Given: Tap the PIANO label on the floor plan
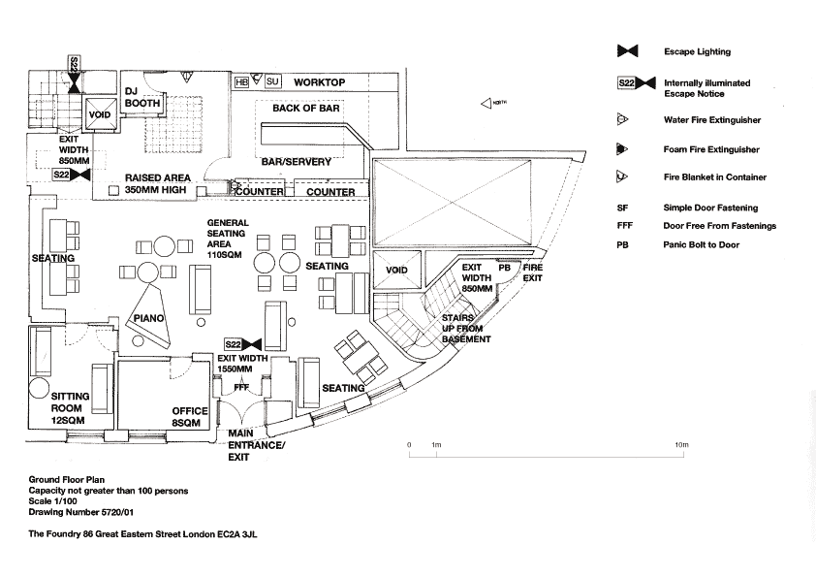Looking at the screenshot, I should click(149, 318).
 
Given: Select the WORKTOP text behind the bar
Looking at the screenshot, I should click(319, 83).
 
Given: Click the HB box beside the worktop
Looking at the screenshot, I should click(242, 83).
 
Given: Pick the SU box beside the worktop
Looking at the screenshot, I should click(272, 83).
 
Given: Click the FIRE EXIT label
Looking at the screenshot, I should click(533, 272).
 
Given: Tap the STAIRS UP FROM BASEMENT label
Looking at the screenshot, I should click(466, 329).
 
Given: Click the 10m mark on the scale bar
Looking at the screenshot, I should click(682, 444).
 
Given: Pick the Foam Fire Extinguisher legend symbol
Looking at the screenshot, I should click(622, 149).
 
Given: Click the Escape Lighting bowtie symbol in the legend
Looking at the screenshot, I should click(627, 51).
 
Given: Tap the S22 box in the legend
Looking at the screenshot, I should click(626, 84).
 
